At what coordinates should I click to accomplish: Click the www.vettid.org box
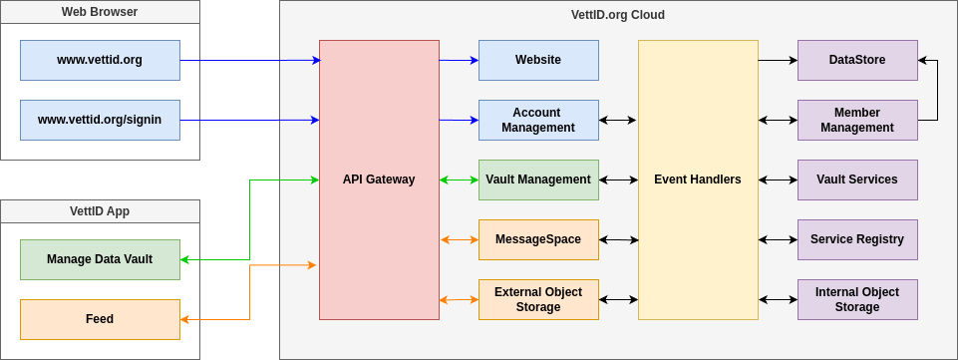click(x=100, y=60)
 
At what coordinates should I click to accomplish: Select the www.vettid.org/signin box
click(x=100, y=120)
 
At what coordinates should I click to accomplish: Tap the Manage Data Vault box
click(x=100, y=259)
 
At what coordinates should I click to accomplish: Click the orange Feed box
click(x=100, y=319)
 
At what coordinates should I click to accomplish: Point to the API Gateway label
click(x=379, y=180)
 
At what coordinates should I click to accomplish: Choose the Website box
click(x=538, y=60)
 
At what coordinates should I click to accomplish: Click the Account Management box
click(x=538, y=120)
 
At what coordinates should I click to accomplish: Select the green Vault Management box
click(x=538, y=180)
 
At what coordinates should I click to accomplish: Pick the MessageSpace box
click(x=538, y=239)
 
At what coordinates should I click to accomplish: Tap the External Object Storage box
click(x=538, y=299)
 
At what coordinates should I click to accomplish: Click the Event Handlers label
click(x=698, y=180)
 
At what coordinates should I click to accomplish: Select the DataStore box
click(x=857, y=60)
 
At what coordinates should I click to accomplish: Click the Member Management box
click(x=857, y=120)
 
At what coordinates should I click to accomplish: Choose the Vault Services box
click(x=857, y=180)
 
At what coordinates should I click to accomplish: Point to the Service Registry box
click(x=857, y=239)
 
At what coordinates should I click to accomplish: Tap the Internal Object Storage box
click(x=857, y=299)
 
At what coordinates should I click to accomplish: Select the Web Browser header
click(x=100, y=12)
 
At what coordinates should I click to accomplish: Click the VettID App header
click(x=100, y=211)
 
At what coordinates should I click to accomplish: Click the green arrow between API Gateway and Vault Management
click(x=459, y=180)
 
